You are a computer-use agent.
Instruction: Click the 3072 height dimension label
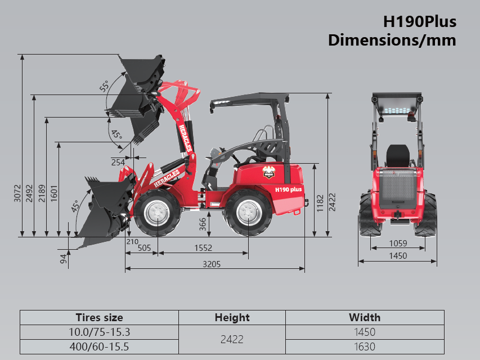pos(17,193)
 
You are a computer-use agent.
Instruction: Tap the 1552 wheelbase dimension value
pos(203,247)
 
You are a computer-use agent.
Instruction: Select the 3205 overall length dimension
pos(212,264)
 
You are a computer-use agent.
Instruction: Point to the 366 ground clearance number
pos(203,224)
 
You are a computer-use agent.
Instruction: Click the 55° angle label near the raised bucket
pos(104,86)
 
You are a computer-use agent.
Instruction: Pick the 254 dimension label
pos(118,162)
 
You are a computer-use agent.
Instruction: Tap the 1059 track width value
pos(398,244)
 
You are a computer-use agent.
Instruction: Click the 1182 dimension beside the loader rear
pos(320,204)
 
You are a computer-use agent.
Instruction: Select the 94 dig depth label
pos(63,259)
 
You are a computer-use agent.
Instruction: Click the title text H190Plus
pos(420,22)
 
